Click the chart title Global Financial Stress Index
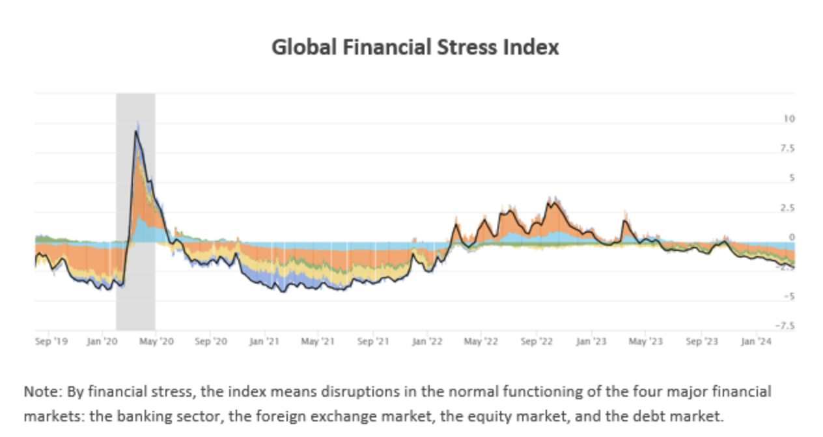click(415, 47)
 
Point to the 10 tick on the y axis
click(789, 119)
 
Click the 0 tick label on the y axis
click(791, 237)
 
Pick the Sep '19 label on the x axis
click(51, 340)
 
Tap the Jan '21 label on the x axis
click(264, 340)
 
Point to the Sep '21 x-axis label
click(374, 340)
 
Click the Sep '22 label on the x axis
click(537, 340)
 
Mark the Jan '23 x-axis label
click(592, 340)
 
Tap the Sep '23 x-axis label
click(701, 340)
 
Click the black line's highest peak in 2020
click(136, 131)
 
